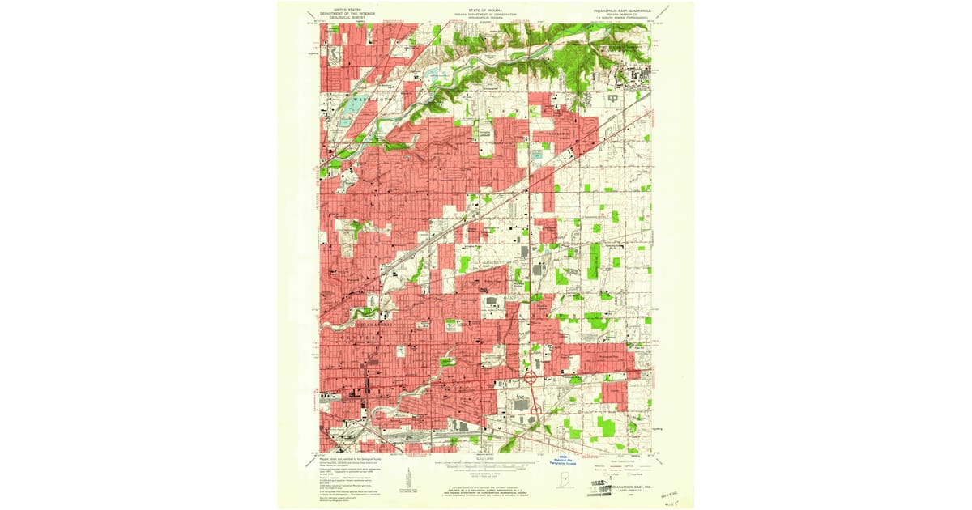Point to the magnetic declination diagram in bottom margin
(x=411, y=478)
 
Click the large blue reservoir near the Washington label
(x=353, y=108)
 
